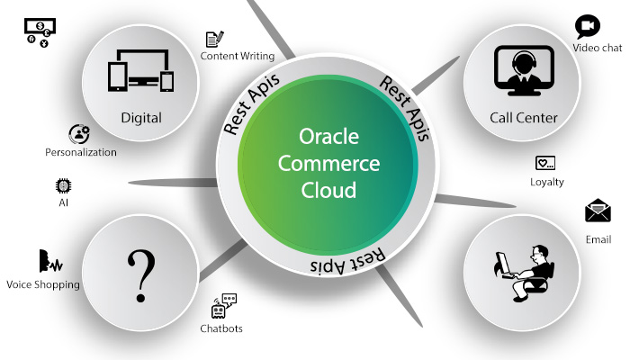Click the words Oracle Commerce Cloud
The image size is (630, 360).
[x=328, y=164]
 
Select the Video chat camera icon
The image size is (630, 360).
[x=588, y=25]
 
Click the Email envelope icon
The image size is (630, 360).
[x=598, y=211]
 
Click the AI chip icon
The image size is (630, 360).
[x=63, y=185]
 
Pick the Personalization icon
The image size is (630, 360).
[x=79, y=134]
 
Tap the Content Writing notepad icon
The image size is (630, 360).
[x=214, y=39]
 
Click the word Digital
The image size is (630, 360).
[x=141, y=118]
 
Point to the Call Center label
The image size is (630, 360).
[x=524, y=118]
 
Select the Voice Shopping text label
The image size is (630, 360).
[x=43, y=284]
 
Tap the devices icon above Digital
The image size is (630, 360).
[x=141, y=67]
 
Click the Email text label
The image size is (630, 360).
[x=598, y=240]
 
